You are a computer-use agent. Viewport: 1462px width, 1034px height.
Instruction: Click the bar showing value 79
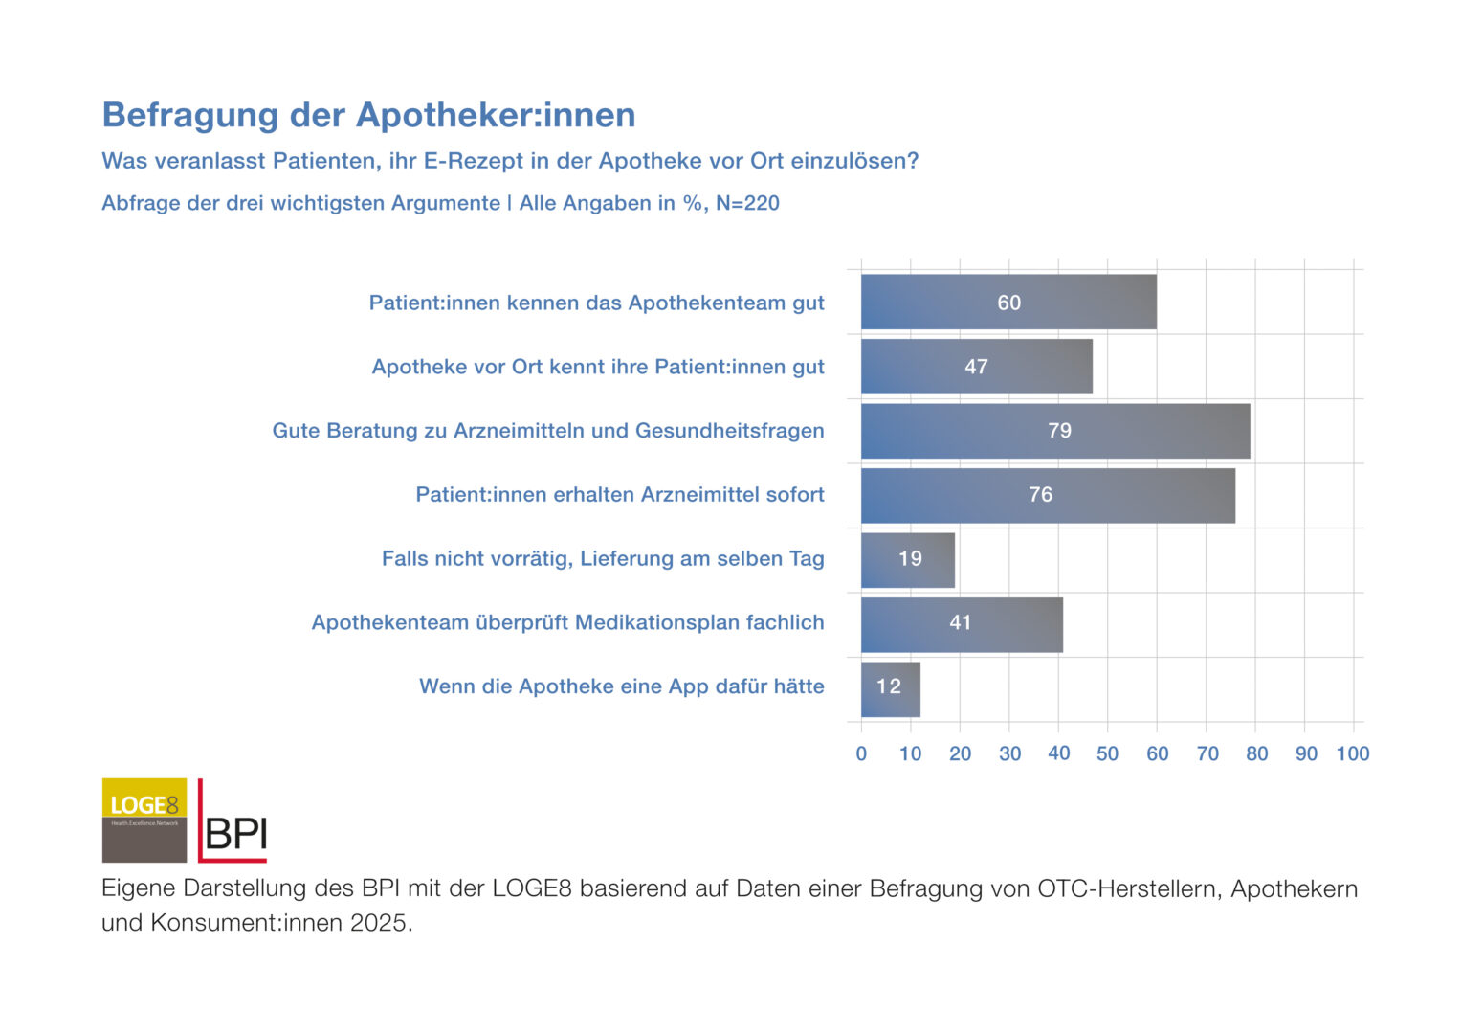1054,431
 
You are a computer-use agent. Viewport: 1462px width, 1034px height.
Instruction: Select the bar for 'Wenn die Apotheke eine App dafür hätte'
890,687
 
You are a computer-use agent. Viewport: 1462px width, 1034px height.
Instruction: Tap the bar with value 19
907,559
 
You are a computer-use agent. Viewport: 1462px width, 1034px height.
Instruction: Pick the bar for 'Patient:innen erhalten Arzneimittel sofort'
1047,495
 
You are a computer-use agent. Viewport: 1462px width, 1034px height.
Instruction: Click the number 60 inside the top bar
1008,303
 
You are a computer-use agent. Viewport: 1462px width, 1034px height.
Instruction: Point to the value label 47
976,367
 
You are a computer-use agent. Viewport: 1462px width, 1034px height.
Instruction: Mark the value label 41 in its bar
960,623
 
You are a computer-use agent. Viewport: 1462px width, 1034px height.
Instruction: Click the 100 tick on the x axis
1353,754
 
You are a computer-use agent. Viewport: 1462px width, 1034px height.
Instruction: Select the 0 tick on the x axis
861,754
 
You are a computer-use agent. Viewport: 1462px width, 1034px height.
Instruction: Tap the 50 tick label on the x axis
1107,754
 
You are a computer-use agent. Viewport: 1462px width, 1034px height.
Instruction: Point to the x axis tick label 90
1306,754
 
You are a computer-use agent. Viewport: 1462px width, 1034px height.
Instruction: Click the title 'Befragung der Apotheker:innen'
368,115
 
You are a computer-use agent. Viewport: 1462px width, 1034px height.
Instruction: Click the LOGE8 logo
144,820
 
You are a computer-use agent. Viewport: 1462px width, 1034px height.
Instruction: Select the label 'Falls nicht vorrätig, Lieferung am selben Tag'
603,559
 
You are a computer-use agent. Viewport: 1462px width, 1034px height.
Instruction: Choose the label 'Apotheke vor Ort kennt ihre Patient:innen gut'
598,367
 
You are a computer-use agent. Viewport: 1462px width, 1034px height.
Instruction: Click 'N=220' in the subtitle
747,203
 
